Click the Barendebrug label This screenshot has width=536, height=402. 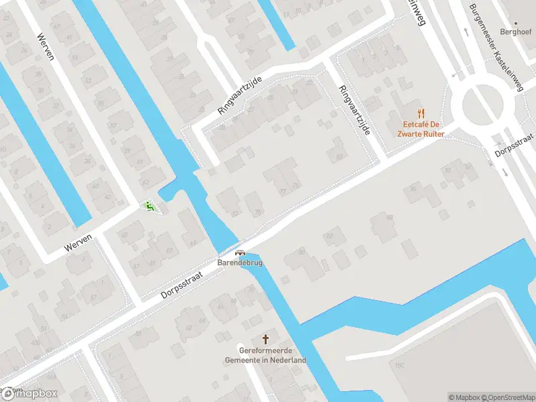[239, 263]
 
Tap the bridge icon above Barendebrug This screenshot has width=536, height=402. [239, 253]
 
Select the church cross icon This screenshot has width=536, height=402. [265, 339]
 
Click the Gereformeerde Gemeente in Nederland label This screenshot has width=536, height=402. [265, 355]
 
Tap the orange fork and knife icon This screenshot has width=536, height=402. [421, 113]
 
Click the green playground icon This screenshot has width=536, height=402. [149, 207]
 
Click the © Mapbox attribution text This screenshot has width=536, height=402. [466, 397]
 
